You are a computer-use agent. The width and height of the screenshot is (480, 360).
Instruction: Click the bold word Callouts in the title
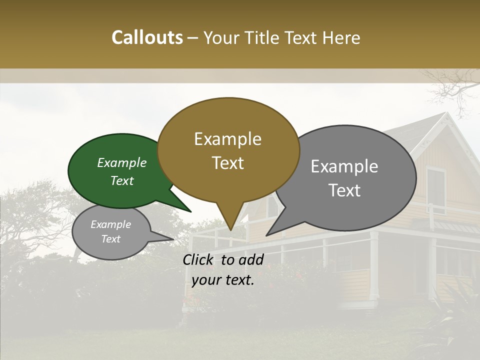point(147,37)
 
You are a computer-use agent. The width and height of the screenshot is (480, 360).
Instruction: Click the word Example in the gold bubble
point(227,139)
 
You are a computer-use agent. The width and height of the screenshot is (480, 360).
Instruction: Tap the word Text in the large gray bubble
point(344,190)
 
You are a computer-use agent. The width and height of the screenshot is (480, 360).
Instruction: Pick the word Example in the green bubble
point(122,162)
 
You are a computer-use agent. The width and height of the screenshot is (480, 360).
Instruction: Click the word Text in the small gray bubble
point(111,239)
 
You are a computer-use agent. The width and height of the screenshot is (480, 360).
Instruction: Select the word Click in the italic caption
point(198,259)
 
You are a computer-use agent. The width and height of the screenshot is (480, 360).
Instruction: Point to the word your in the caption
point(206,280)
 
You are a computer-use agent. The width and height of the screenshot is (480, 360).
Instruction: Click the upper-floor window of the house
point(435,188)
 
